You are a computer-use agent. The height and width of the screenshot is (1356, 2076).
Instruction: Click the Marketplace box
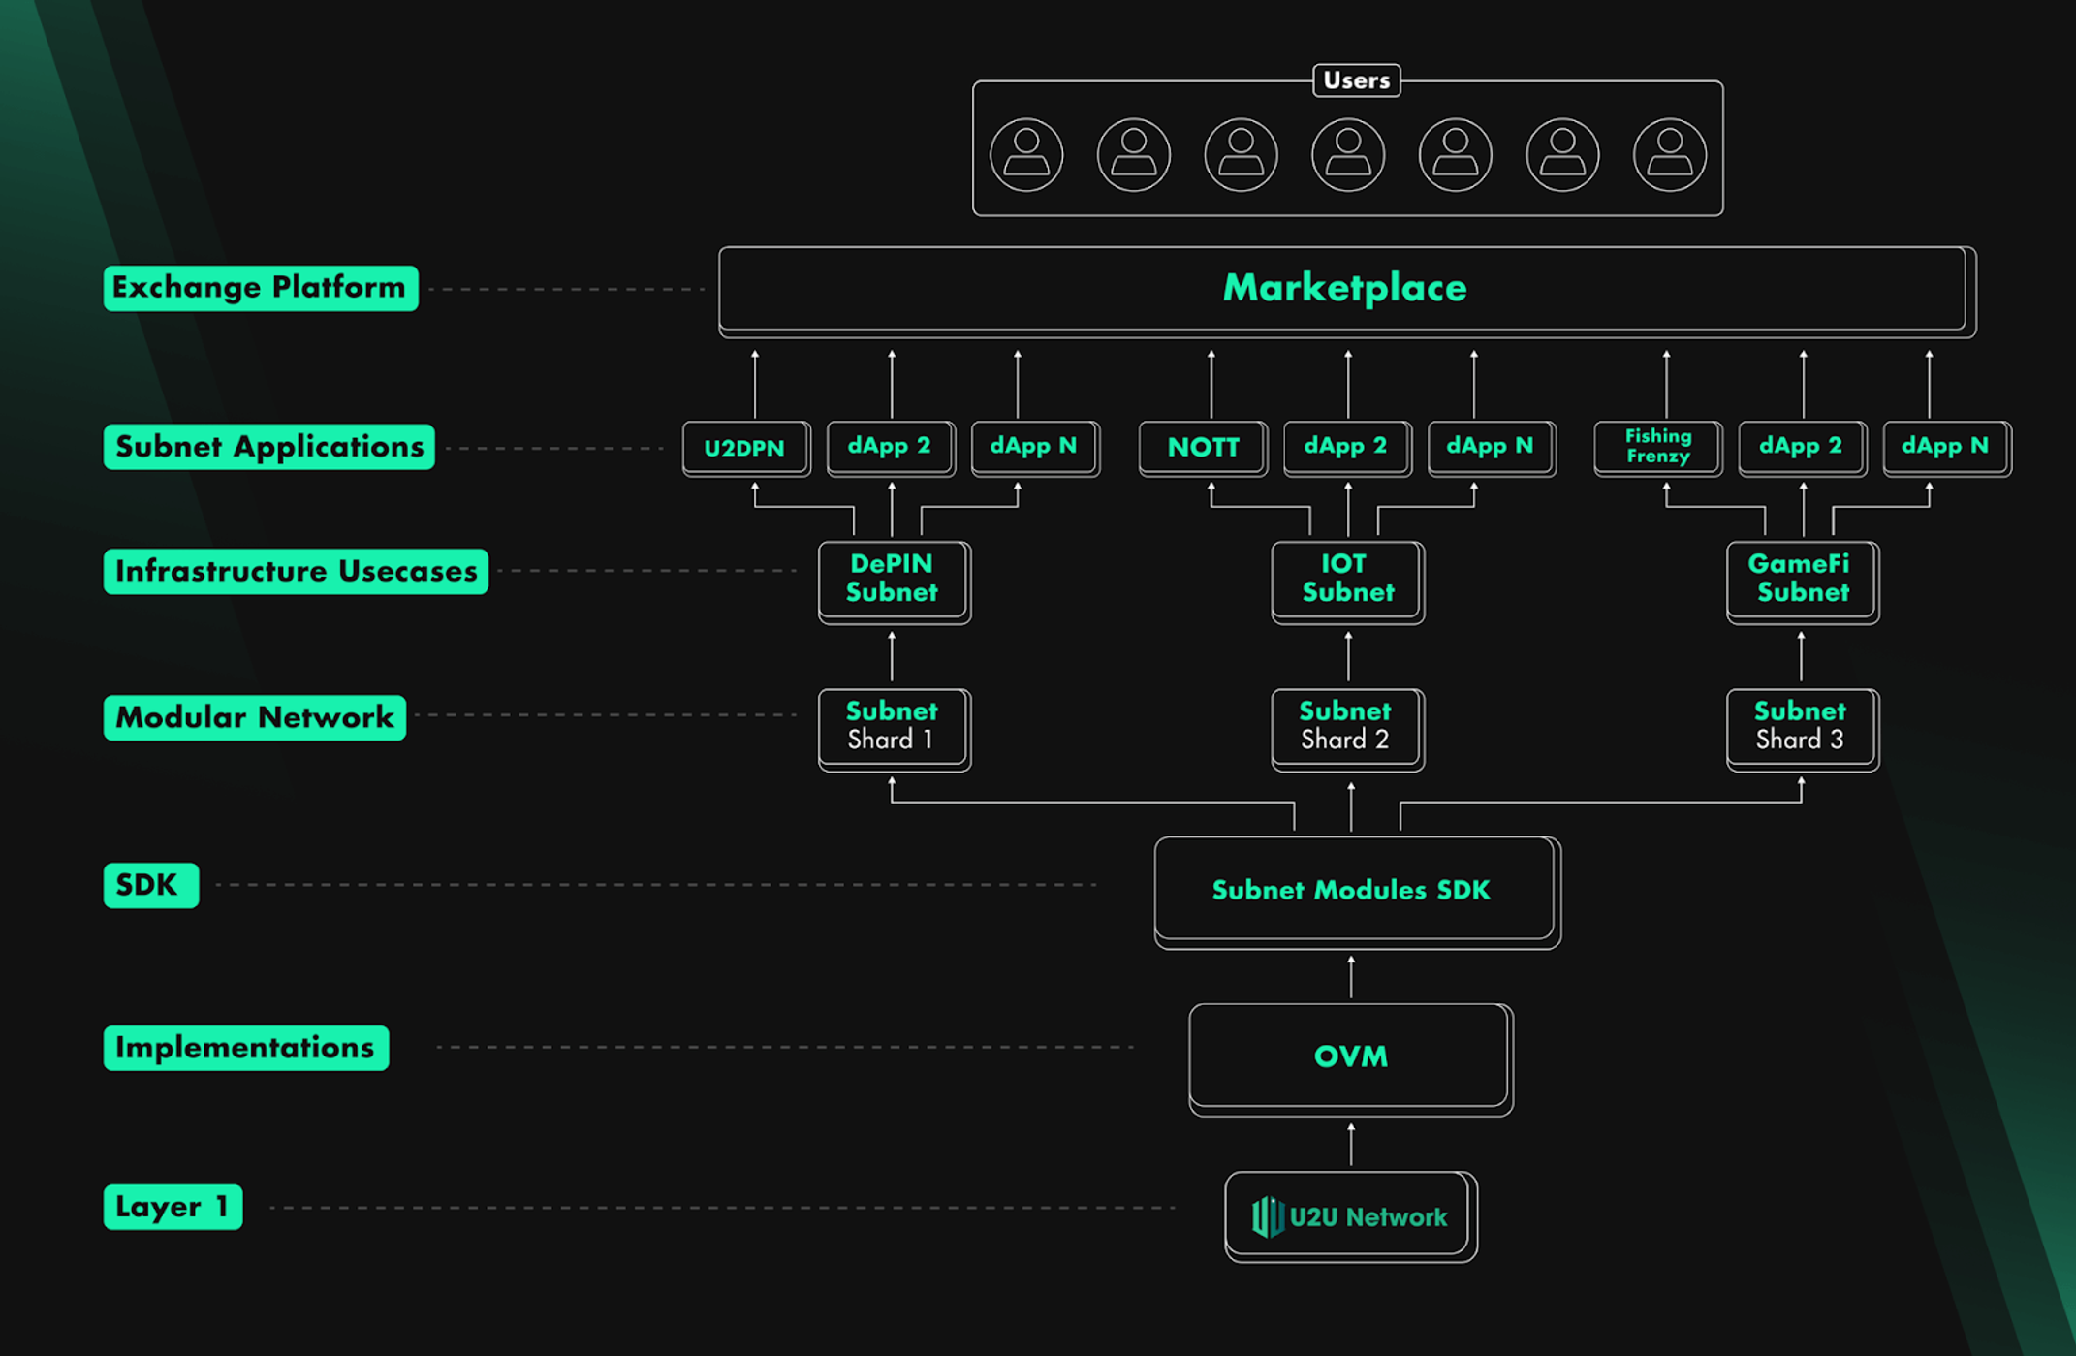(x=1345, y=289)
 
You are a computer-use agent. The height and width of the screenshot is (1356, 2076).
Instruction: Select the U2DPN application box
(x=744, y=448)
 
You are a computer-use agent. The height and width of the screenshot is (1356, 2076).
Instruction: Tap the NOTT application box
(x=1202, y=448)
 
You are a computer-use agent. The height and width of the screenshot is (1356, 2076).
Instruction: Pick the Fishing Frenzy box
(x=1657, y=447)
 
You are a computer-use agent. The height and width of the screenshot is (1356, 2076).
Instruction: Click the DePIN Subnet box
(x=892, y=580)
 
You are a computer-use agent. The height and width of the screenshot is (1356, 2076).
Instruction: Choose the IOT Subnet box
(x=1346, y=580)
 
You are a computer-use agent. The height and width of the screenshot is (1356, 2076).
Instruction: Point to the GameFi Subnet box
(x=1801, y=580)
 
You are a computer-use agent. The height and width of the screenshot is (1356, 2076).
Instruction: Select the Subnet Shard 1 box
(x=892, y=727)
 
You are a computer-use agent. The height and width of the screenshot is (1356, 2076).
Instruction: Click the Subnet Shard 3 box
(x=1801, y=727)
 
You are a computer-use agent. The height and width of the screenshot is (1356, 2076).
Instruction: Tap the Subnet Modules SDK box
(x=1353, y=890)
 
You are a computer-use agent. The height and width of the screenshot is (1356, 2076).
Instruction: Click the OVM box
(x=1350, y=1056)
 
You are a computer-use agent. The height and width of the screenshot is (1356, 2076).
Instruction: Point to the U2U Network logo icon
(x=1267, y=1216)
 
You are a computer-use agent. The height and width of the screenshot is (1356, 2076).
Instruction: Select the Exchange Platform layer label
(x=260, y=288)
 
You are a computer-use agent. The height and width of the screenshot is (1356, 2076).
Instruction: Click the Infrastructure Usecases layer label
(x=296, y=571)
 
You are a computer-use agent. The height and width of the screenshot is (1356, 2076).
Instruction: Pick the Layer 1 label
(x=173, y=1207)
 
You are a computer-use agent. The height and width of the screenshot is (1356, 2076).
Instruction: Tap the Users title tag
(x=1356, y=80)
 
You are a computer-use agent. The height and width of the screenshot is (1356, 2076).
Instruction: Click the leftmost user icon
(x=1026, y=154)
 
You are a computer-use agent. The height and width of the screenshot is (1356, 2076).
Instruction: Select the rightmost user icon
(x=1669, y=154)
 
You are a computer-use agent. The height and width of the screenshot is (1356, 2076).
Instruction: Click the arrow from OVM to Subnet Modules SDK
(x=1351, y=977)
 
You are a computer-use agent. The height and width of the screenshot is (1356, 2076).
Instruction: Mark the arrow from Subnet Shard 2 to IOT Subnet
(x=1347, y=656)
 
